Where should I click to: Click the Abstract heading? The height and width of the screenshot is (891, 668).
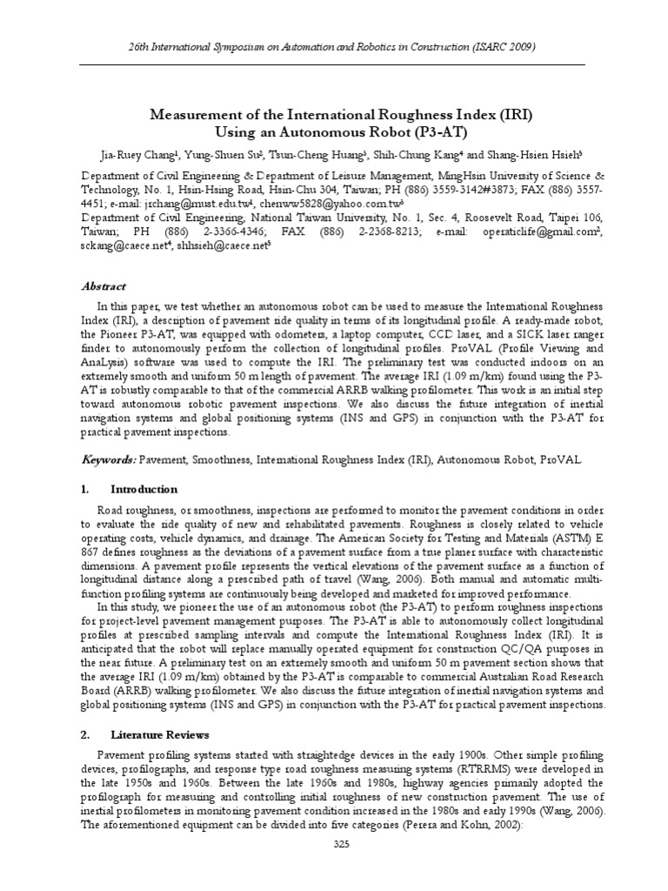pos(104,286)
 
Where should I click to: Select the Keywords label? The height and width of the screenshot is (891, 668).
pos(110,459)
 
